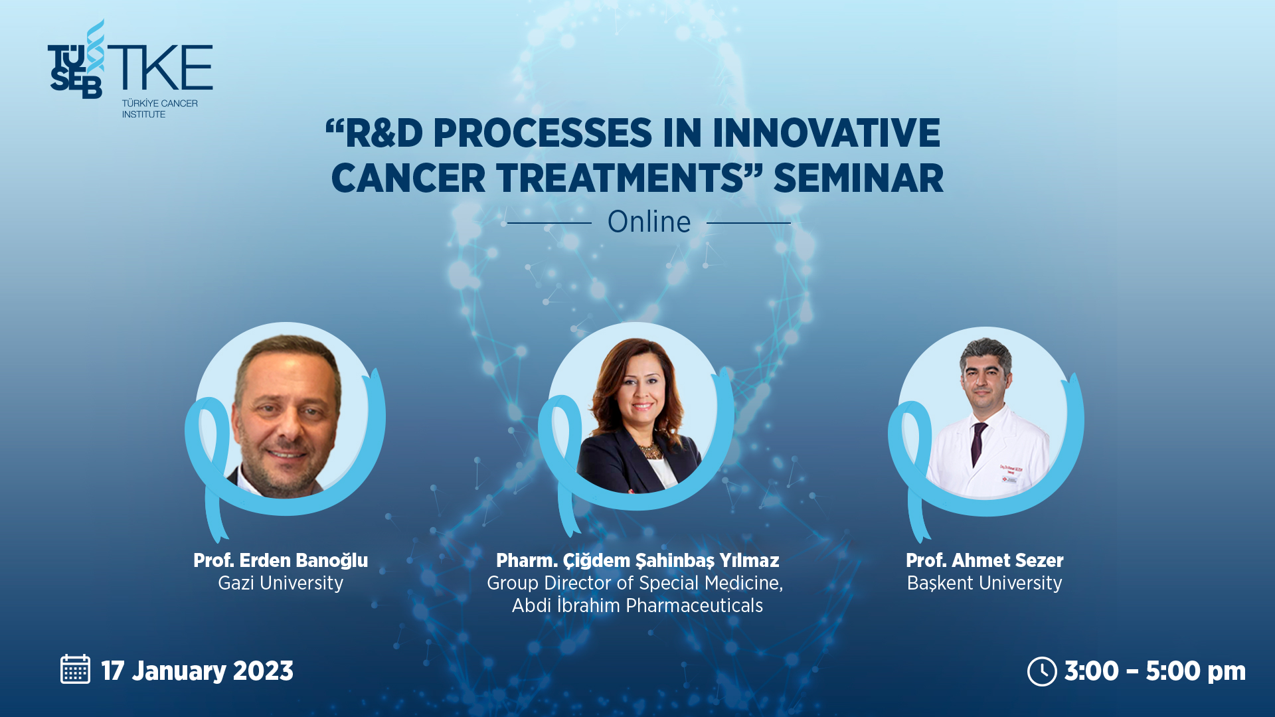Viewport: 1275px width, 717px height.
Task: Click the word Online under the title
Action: point(649,222)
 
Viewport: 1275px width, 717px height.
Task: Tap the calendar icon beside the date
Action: point(75,669)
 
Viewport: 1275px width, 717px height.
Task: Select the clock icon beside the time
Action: point(1042,671)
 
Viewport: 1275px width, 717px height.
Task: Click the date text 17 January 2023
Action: point(197,671)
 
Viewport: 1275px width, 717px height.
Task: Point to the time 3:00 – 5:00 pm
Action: point(1155,671)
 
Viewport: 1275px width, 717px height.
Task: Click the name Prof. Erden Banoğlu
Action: point(280,560)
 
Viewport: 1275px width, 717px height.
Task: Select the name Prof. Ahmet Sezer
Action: point(985,560)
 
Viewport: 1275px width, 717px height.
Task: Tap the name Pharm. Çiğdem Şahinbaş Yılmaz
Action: point(637,561)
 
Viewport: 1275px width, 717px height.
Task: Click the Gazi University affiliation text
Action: point(280,583)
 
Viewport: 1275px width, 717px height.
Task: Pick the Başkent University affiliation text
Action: point(985,584)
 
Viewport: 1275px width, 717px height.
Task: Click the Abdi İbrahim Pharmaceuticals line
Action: point(637,605)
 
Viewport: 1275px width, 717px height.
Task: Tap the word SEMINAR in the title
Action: point(858,178)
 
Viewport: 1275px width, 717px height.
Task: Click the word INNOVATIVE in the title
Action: point(826,133)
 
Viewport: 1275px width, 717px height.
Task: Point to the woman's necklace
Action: point(649,451)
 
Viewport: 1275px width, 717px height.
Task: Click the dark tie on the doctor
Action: point(977,443)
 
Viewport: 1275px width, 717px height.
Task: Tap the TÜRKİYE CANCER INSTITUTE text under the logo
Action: point(159,109)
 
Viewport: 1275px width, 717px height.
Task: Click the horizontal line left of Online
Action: point(549,223)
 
